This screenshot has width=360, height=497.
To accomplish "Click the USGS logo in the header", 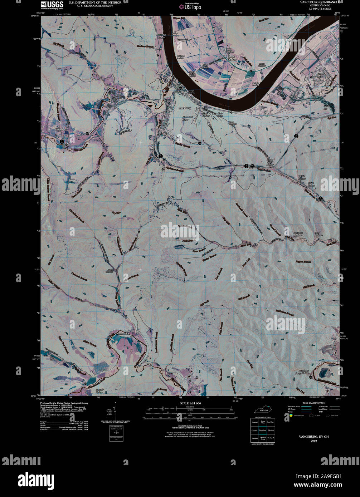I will pyautogui.click(x=52, y=5).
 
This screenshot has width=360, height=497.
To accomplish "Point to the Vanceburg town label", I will pyautogui.click(x=185, y=108).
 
